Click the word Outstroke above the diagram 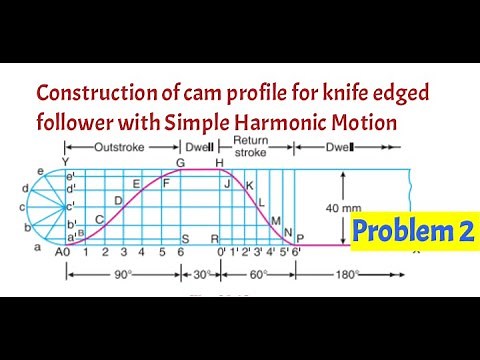click(120, 147)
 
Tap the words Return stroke click(251, 147)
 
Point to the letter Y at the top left click(65, 161)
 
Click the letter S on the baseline click(186, 239)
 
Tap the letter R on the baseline click(213, 239)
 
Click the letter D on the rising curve click(118, 200)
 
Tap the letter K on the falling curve click(249, 186)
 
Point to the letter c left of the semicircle click(21, 207)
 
